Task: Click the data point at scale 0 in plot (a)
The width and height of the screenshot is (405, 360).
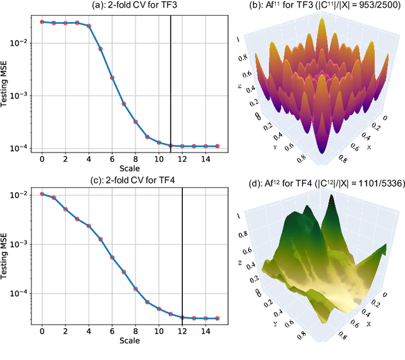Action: [x=42, y=22]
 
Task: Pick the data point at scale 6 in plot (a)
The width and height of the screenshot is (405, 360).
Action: [x=112, y=78]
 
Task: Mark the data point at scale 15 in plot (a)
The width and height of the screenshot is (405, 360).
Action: [x=217, y=146]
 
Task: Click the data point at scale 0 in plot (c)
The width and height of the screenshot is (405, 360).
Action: [x=42, y=194]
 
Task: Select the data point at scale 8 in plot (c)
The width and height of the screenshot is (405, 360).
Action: [x=135, y=288]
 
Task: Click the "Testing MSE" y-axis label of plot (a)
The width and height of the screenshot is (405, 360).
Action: [x=6, y=82]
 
